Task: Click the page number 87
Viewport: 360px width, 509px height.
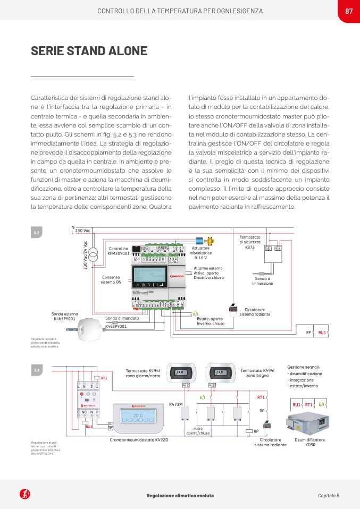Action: tap(349, 11)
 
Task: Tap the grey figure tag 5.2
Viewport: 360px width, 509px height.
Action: tap(37, 233)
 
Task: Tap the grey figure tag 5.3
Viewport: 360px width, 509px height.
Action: tap(37, 369)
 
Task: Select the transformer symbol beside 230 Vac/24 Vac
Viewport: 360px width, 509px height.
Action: tap(93, 255)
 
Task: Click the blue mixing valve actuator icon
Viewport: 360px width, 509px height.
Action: tap(200, 240)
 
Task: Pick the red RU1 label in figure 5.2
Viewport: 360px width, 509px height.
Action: tap(322, 333)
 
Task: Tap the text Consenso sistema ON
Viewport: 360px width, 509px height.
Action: tap(111, 279)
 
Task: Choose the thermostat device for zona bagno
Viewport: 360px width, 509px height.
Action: tap(222, 372)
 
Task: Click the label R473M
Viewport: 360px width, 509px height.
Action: tap(175, 404)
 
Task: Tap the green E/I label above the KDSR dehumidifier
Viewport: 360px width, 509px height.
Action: tap(322, 405)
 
